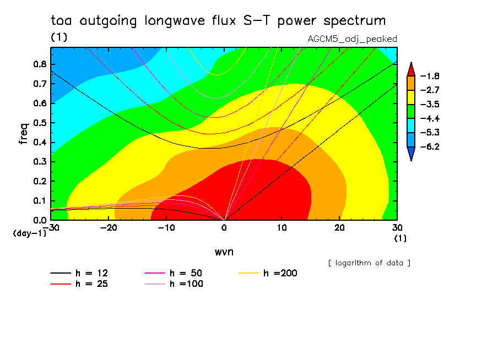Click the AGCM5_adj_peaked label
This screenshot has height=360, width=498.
point(352,39)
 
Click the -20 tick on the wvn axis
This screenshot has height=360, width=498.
point(109,228)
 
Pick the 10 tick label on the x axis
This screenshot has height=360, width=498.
point(282,228)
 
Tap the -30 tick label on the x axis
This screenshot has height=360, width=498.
point(51,228)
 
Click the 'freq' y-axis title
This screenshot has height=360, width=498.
point(23,134)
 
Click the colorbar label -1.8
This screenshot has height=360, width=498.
point(430,76)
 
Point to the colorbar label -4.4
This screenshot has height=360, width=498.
point(430,118)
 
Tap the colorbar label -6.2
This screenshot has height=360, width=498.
point(430,147)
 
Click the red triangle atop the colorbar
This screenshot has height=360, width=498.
point(411,68)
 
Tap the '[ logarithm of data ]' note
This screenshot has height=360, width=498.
point(369,263)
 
